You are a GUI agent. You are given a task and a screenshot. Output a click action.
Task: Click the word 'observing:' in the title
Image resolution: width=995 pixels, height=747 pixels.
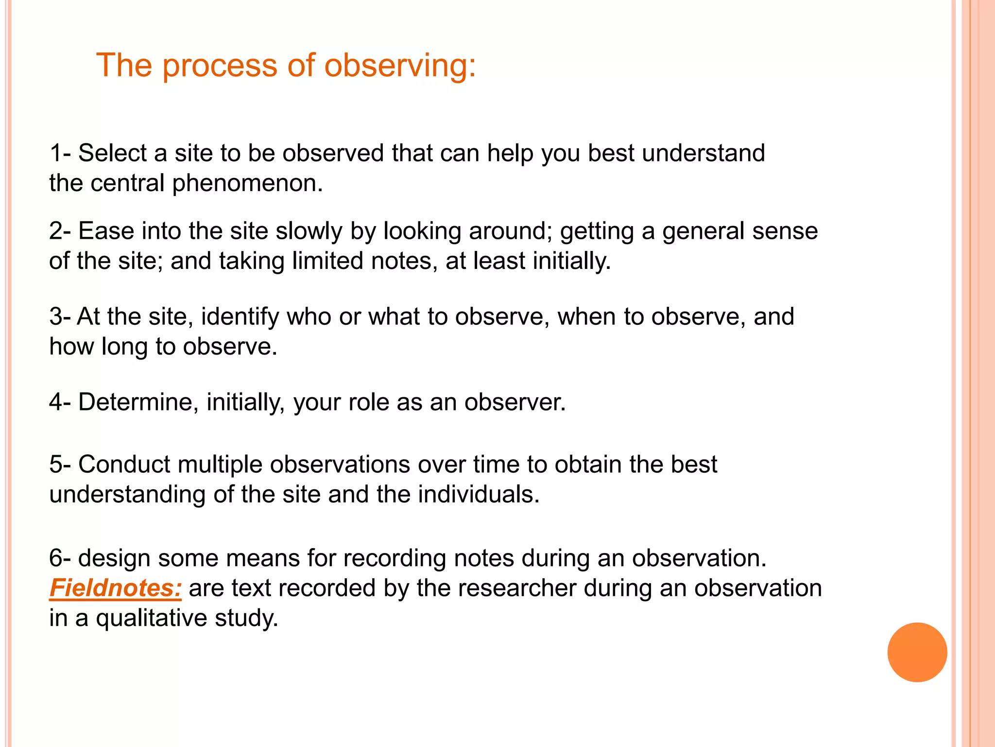399,66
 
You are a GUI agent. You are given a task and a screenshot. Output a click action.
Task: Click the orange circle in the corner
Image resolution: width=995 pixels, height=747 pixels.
917,652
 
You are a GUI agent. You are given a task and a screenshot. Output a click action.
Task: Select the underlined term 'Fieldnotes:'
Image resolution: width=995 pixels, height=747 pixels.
116,587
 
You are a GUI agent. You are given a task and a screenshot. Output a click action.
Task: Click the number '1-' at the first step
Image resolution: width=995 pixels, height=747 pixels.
60,153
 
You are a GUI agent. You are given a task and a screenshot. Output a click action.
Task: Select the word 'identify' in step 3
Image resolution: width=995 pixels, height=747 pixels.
240,317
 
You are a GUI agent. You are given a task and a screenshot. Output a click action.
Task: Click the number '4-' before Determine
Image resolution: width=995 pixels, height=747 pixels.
60,402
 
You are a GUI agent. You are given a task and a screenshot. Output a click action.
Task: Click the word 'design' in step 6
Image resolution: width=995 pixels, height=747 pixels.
114,558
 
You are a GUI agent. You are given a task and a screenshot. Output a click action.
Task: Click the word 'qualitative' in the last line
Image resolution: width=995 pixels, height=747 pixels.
151,618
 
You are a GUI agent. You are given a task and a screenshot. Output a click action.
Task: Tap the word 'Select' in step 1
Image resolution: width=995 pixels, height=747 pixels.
112,153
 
